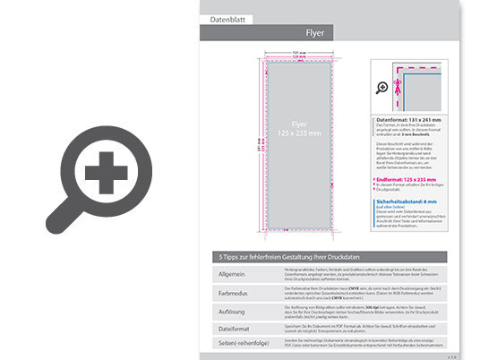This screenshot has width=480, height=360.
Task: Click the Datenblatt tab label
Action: pos(227,18)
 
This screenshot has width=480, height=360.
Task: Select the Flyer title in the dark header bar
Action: pos(315,33)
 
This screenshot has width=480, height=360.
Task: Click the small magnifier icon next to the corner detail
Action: pos(383,87)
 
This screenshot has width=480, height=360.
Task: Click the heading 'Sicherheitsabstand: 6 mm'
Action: pos(408,201)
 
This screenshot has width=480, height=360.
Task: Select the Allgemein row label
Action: pos(231,271)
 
